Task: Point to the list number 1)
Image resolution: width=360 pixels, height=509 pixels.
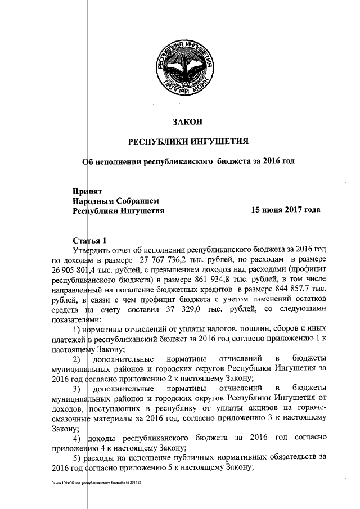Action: click(79, 331)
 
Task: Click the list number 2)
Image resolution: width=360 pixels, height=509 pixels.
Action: click(79, 358)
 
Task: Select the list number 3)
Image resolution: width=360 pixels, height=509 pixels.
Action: click(79, 389)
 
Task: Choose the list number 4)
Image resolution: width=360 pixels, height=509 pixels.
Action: click(79, 438)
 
